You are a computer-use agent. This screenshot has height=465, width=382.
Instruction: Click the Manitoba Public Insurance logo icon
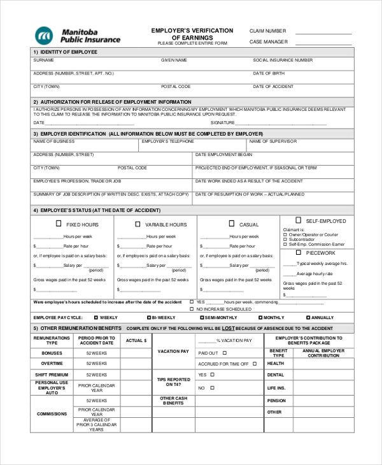(45, 35)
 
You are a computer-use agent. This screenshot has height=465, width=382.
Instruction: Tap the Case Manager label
(268, 42)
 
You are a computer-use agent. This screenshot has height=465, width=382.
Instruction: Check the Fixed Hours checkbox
(59, 224)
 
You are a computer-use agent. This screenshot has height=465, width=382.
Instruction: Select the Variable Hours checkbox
(138, 224)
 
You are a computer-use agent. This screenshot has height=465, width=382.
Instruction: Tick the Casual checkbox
(232, 224)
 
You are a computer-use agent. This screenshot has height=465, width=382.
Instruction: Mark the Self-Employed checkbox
(298, 220)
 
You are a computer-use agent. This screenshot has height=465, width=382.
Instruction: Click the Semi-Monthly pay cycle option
(202, 317)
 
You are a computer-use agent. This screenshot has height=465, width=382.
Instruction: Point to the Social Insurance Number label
(283, 61)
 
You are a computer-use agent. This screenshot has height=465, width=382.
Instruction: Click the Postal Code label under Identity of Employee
(176, 87)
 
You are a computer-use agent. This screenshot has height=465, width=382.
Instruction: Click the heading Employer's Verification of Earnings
(192, 34)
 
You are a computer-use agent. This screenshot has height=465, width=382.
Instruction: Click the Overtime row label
(52, 364)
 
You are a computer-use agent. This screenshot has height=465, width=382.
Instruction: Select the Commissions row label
(52, 414)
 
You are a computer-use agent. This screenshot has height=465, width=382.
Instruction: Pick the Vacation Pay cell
(173, 352)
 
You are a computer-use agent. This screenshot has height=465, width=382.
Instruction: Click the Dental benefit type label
(276, 375)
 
